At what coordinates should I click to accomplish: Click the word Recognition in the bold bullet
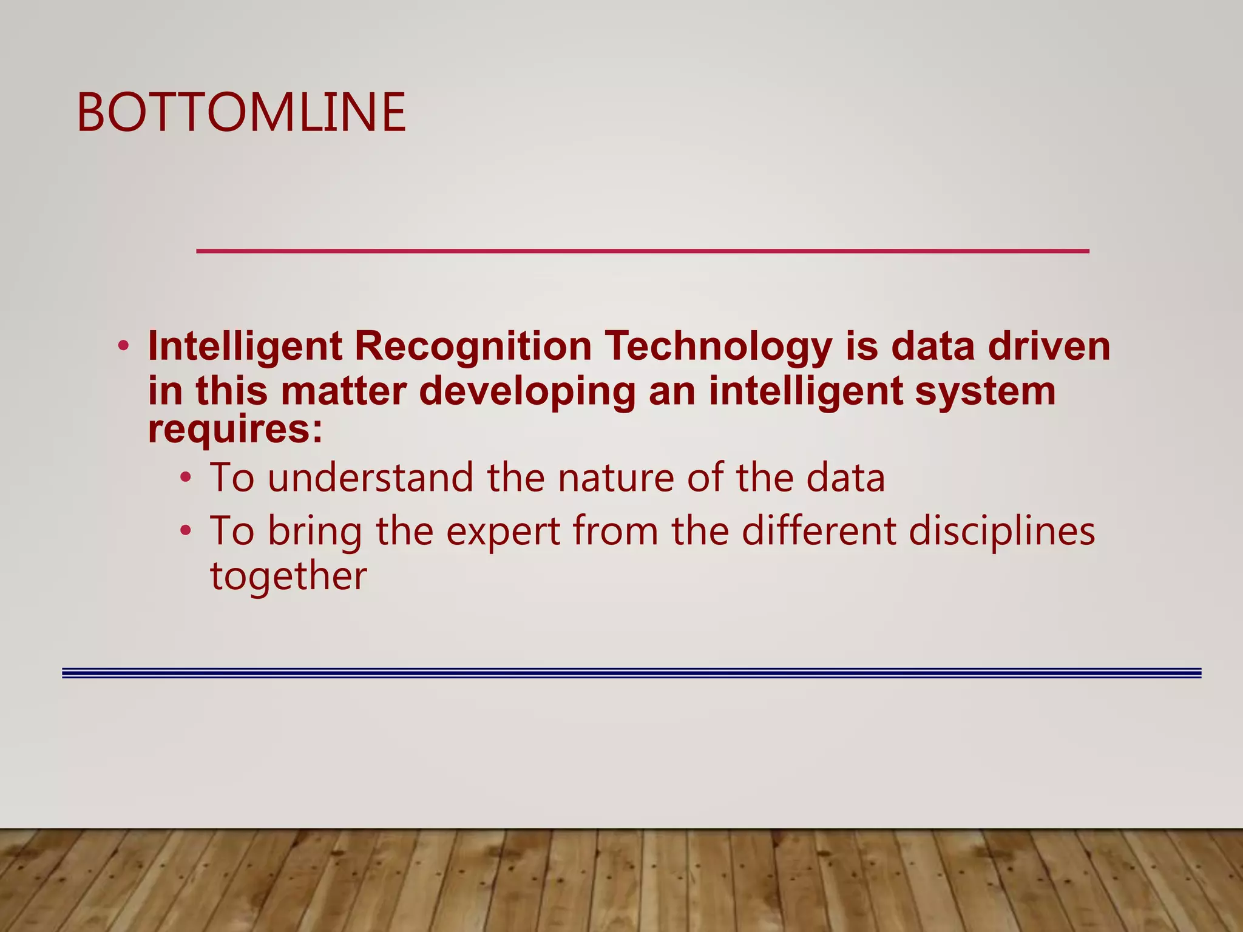click(x=473, y=346)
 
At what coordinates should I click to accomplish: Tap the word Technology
click(x=719, y=348)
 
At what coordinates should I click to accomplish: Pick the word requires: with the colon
click(x=235, y=430)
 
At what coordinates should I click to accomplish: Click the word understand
click(x=370, y=478)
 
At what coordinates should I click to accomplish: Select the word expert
click(x=503, y=532)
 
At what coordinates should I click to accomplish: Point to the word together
click(x=288, y=576)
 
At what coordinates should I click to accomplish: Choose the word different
click(x=819, y=531)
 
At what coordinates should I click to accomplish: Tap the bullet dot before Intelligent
click(x=124, y=346)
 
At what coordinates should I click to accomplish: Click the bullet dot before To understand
click(x=186, y=478)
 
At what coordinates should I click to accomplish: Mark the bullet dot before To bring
click(x=186, y=531)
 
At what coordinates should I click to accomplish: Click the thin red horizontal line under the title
click(x=642, y=251)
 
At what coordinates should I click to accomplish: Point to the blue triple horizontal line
click(x=631, y=673)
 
